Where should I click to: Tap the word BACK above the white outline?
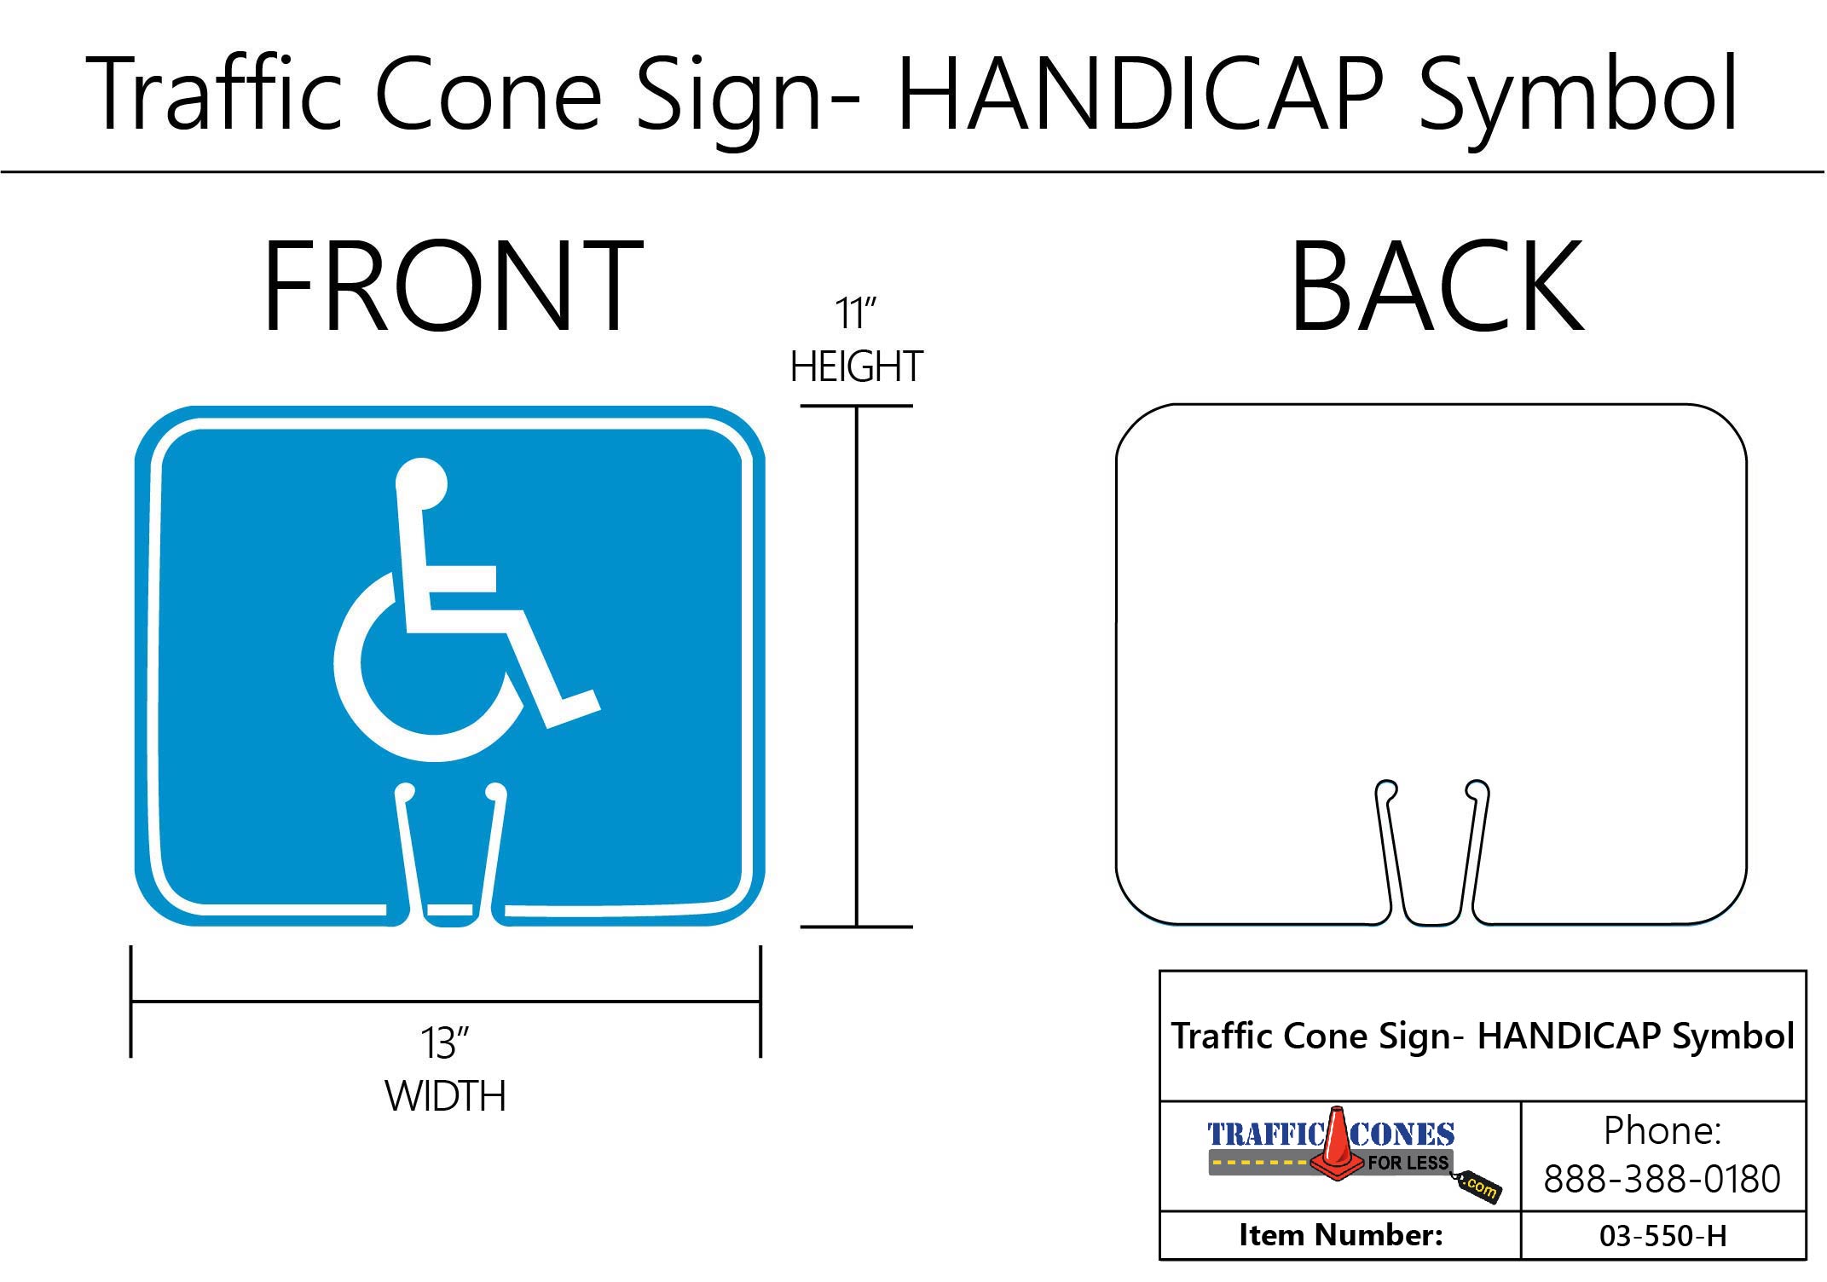pos(1437,288)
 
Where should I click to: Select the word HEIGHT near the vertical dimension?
pos(856,367)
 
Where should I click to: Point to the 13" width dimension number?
pos(444,1043)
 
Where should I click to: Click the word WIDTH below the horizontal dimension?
pos(445,1096)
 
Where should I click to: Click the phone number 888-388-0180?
pos(1662,1179)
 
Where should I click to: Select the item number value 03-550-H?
pos(1662,1236)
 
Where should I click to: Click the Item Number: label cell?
pos(1340,1235)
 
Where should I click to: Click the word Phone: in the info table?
pos(1662,1131)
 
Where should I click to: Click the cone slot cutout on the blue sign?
pos(450,861)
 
